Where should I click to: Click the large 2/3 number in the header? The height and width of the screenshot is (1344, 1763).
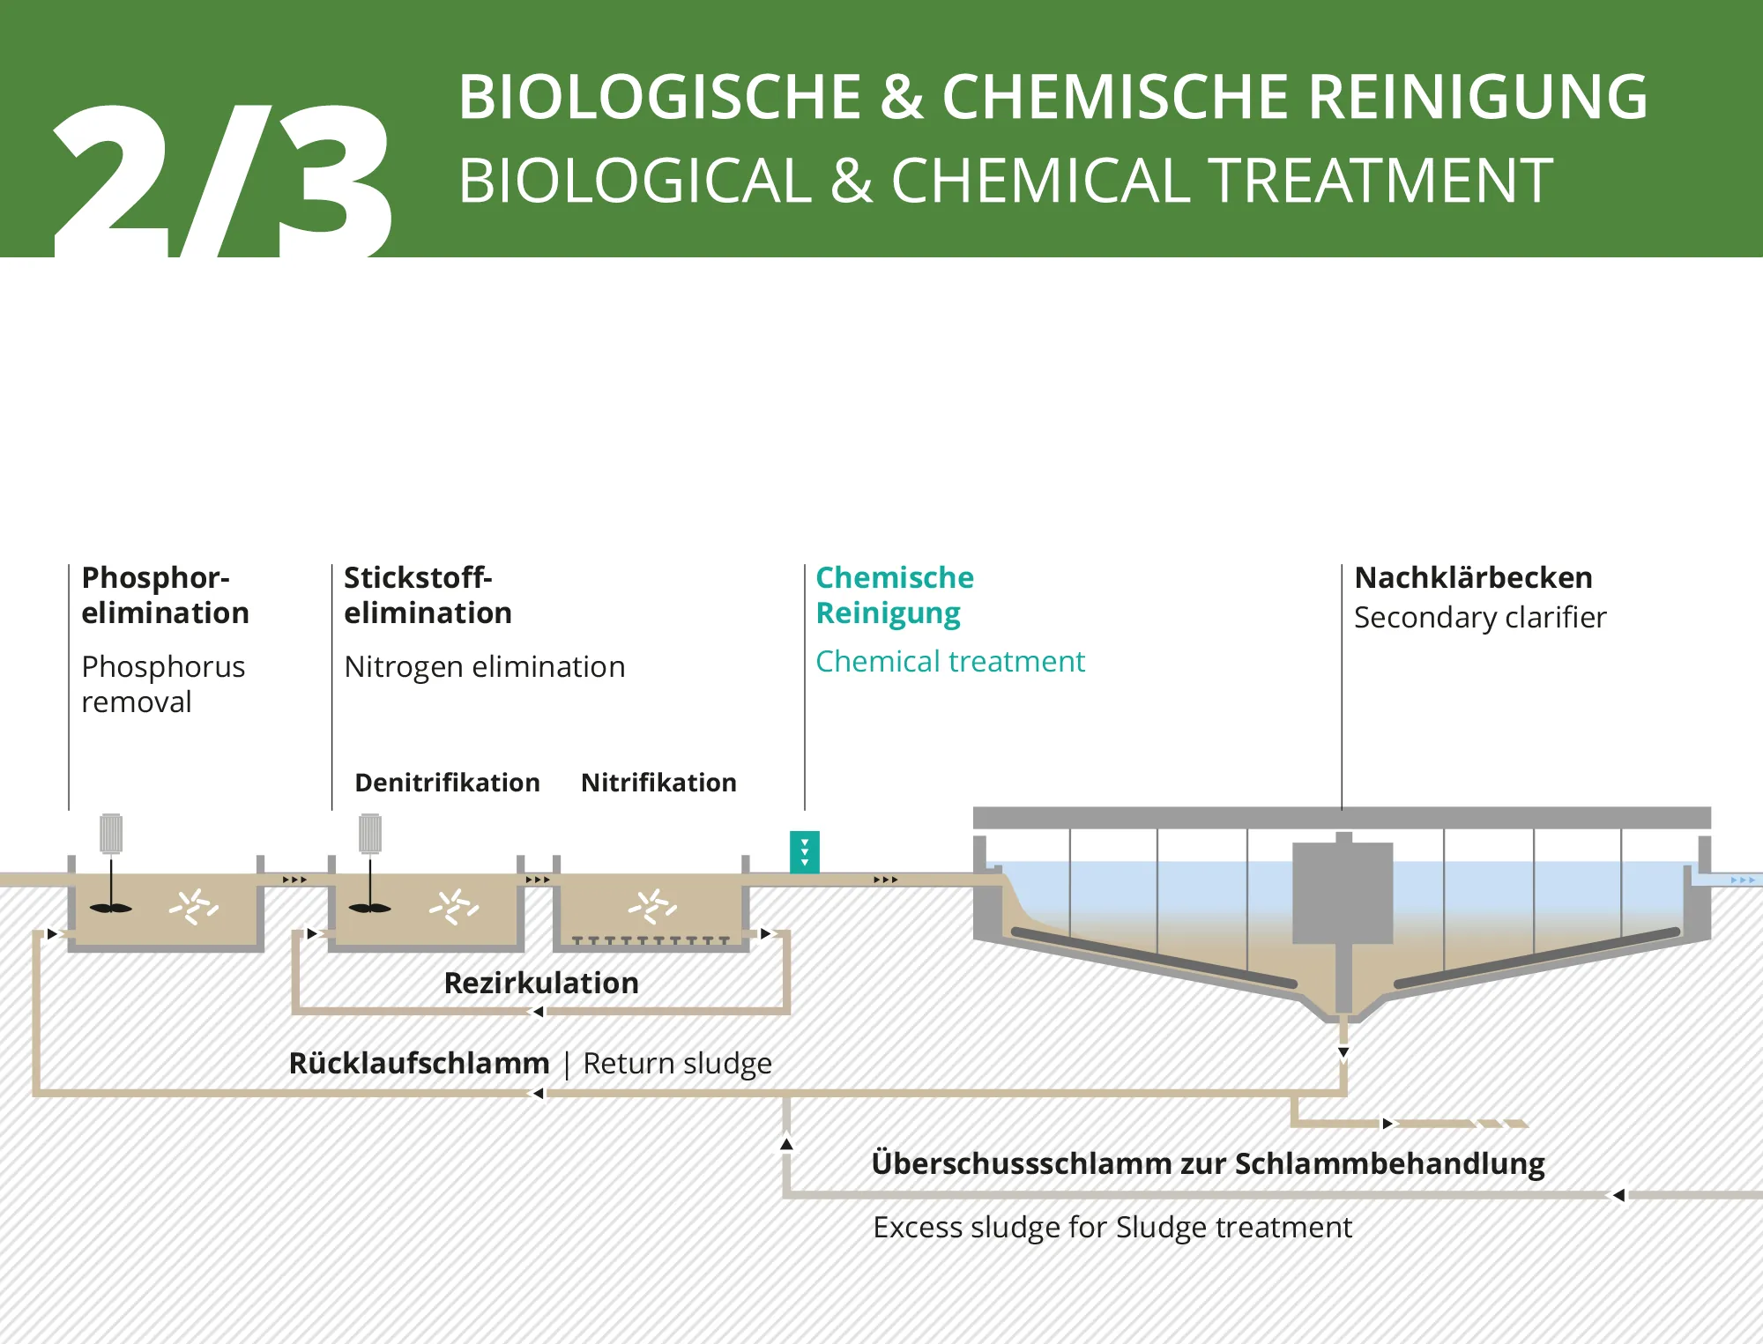point(220,181)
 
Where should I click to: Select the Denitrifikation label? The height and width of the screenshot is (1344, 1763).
point(447,783)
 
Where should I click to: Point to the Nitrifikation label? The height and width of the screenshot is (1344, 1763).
point(658,783)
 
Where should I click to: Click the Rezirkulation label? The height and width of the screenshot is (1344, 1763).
point(541,983)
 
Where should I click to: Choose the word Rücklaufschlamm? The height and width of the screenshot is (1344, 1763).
point(419,1063)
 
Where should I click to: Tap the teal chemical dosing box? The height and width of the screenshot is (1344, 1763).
point(805,852)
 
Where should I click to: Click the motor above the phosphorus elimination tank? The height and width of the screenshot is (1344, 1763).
point(111,834)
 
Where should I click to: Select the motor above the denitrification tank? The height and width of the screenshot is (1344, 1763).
point(370,834)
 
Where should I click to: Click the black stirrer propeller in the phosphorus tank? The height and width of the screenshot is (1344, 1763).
point(111,908)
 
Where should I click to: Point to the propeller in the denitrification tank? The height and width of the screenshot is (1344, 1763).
point(370,908)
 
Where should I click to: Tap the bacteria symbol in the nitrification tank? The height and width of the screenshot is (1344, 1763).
point(652,905)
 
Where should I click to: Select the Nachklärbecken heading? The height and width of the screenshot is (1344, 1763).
point(1473,578)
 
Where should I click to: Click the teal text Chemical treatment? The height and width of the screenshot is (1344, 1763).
point(949,662)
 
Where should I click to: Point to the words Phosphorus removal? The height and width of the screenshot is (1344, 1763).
point(163,684)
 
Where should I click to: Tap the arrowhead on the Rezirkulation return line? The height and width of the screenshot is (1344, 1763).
point(538,1012)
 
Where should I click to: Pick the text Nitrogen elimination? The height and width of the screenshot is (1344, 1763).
point(484,667)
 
